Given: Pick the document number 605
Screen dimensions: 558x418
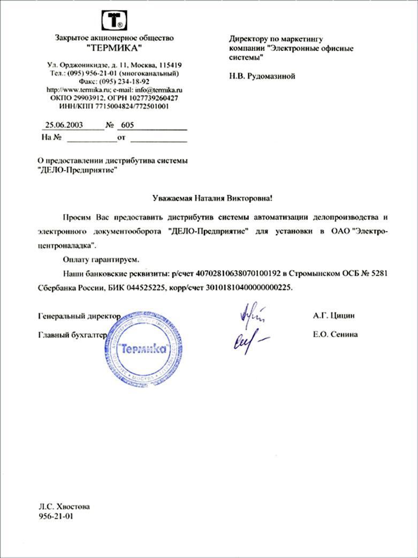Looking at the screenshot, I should click(x=127, y=125).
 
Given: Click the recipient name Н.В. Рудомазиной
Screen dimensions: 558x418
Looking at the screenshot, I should click(x=262, y=76).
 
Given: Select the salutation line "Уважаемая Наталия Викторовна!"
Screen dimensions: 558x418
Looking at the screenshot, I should click(x=209, y=198).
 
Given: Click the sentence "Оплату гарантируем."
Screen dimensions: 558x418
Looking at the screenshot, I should click(x=100, y=259).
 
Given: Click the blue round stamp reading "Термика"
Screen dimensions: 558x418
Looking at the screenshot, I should click(x=143, y=349).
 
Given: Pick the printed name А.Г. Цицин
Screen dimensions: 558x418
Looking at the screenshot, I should click(x=333, y=316).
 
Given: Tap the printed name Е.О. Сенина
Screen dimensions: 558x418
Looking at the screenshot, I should click(x=335, y=334).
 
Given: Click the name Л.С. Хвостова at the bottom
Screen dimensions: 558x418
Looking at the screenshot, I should click(x=64, y=507).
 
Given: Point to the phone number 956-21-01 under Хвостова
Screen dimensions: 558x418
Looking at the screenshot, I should click(x=56, y=517).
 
